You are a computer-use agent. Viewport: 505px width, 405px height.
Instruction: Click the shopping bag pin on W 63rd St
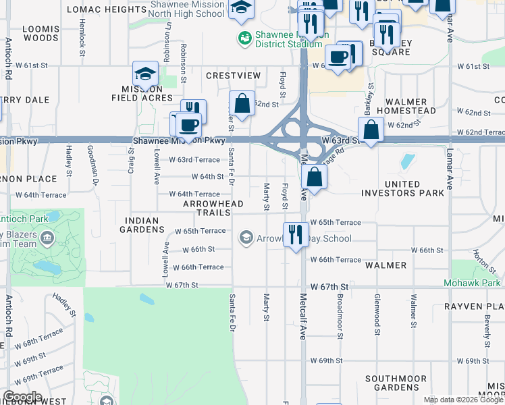pos(371,130)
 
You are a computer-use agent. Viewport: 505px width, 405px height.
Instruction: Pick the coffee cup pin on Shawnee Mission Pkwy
pos(190,125)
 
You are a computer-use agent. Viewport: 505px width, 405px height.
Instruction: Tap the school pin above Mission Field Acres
pos(145,74)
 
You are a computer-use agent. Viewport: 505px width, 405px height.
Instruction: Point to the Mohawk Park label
pos(472,283)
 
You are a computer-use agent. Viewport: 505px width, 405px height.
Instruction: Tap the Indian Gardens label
pos(142,225)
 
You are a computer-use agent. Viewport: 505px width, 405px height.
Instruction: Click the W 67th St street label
pos(182,285)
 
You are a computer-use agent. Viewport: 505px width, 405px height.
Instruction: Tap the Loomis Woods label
pos(41,34)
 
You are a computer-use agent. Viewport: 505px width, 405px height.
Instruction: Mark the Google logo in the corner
pos(22,397)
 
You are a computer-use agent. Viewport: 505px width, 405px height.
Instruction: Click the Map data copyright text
pos(463,400)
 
